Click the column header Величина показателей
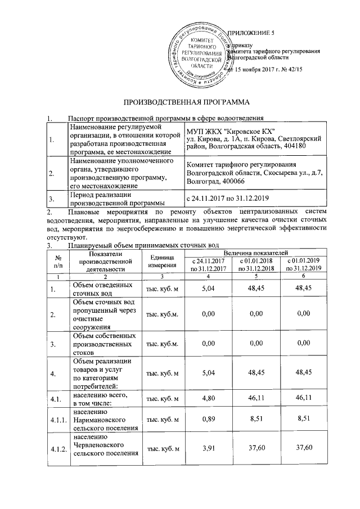click(x=256, y=255)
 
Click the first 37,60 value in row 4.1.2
click(x=256, y=448)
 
